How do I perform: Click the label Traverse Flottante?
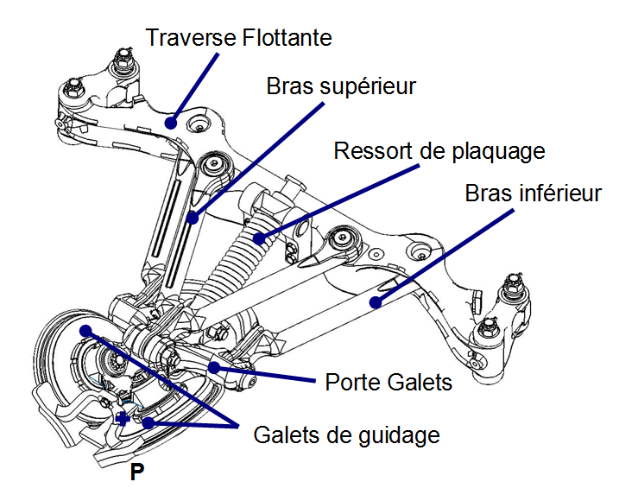click(x=239, y=38)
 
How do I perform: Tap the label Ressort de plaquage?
click(x=439, y=151)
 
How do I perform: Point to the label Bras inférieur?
click(x=534, y=193)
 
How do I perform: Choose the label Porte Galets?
click(x=388, y=382)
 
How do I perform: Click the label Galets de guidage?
click(x=347, y=434)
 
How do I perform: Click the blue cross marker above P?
click(x=123, y=418)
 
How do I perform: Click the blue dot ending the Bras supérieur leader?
click(x=193, y=218)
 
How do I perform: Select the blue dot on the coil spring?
click(x=256, y=236)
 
